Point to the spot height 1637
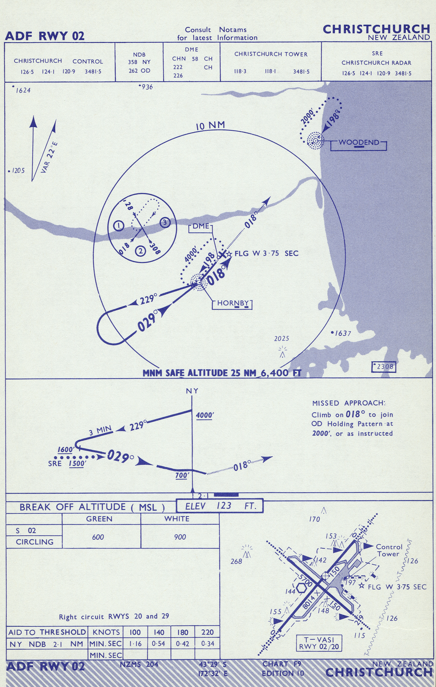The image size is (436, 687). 341,333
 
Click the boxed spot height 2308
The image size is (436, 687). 384,367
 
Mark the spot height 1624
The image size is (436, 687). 22,90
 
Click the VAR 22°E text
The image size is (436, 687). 49,158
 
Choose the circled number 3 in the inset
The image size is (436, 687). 165,222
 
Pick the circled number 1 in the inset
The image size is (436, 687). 119,226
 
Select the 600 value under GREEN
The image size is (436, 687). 98,537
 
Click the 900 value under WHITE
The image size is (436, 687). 180,537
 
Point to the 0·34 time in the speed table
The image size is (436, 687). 207,644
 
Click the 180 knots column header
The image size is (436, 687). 182,632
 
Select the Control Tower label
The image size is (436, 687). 389,550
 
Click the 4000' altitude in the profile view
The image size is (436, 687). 204,415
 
